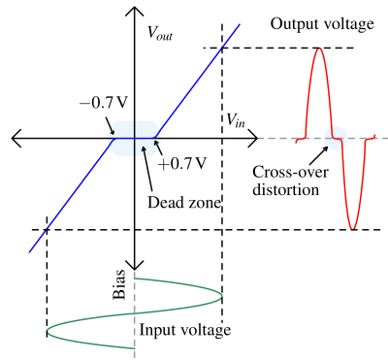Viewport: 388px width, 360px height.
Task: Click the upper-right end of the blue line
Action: coord(239,25)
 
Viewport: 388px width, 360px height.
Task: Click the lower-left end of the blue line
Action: coord(30,251)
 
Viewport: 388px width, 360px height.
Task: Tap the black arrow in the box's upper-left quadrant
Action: coord(113,130)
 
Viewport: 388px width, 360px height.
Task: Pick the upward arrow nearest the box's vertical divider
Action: coord(144,149)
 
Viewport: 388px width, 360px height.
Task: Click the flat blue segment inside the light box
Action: coord(135,138)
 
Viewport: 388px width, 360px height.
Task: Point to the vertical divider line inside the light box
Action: coord(135,129)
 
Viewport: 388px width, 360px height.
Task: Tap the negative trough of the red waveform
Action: coord(352,228)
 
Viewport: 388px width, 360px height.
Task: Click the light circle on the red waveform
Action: coord(336,138)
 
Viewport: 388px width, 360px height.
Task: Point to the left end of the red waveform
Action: coord(296,140)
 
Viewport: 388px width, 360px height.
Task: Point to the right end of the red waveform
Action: coord(375,137)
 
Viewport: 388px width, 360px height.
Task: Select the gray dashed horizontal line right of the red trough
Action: coord(380,138)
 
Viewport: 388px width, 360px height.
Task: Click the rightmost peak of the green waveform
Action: coord(222,295)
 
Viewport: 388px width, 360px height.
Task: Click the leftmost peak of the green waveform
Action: coord(48,331)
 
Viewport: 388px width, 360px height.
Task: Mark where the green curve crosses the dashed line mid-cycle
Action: coord(134,312)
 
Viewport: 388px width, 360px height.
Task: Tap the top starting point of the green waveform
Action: coord(135,278)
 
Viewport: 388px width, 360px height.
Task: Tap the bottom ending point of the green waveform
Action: coord(134,347)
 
